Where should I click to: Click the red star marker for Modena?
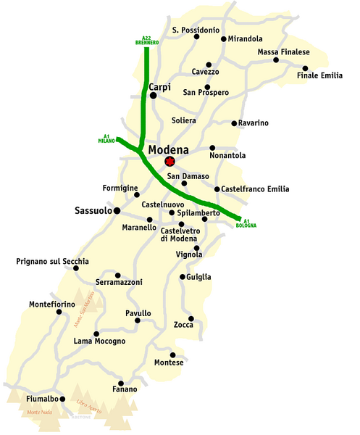coord(170,162)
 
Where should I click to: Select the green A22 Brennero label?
coord(146,41)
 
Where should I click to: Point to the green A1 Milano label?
coord(106,138)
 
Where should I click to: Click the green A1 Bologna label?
coord(246,223)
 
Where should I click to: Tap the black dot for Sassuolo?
coord(117,211)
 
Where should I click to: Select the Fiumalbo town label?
coord(32,399)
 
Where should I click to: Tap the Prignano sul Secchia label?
coord(52,260)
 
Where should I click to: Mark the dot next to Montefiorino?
coord(59,312)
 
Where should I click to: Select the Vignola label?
coord(188,254)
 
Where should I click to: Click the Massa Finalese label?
coord(283,53)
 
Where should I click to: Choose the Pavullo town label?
coord(138,313)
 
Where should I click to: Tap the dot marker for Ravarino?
coord(233,123)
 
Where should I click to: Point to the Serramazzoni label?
coord(119,281)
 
